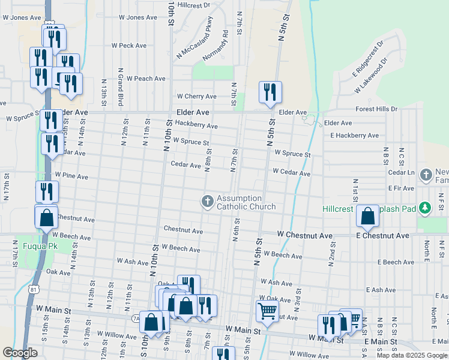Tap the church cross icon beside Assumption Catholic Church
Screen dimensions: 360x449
[208, 201]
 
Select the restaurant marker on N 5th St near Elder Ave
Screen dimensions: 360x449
[270, 92]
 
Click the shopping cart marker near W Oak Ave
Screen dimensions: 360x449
[267, 311]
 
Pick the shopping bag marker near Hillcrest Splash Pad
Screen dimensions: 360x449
[367, 216]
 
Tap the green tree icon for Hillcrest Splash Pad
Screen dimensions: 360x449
[426, 207]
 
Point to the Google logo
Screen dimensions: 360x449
[20, 353]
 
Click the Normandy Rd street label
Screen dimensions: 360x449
[225, 43]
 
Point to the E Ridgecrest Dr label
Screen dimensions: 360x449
[368, 58]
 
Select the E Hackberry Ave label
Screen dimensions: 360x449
[354, 136]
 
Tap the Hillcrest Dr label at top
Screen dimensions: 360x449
[194, 5]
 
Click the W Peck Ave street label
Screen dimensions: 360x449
[129, 45]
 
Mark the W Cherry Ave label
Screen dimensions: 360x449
[196, 96]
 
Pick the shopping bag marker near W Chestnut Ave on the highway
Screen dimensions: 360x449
[47, 218]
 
